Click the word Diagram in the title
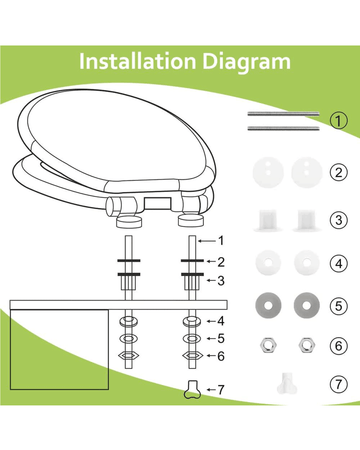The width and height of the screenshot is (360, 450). tap(247, 62)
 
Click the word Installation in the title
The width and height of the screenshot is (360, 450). tap(137, 61)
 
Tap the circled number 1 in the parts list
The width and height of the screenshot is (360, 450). tap(339, 121)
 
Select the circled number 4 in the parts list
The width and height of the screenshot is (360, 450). tap(339, 264)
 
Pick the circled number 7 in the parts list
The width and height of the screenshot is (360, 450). tap(339, 384)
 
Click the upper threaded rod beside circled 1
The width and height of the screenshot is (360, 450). tap(283, 114)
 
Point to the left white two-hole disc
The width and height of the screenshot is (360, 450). tap(268, 172)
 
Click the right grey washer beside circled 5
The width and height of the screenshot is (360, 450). tap(307, 305)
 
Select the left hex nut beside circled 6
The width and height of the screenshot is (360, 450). tap(269, 345)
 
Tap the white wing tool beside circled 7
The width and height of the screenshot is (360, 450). tap(286, 384)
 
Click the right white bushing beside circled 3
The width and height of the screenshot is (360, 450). tap(307, 220)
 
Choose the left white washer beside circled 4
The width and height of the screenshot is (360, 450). tap(268, 263)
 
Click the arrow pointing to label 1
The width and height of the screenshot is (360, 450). tap(207, 241)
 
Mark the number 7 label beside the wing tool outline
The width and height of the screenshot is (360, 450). tap(221, 389)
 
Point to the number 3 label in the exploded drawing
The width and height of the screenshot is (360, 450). tap(221, 281)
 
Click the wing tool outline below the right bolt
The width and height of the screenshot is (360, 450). tap(193, 390)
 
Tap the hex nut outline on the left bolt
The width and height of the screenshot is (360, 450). tap(129, 355)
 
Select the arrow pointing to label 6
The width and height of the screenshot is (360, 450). tap(211, 356)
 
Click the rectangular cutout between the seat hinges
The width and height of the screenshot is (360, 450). tap(158, 202)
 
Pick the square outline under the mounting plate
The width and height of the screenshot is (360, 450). tap(59, 350)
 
